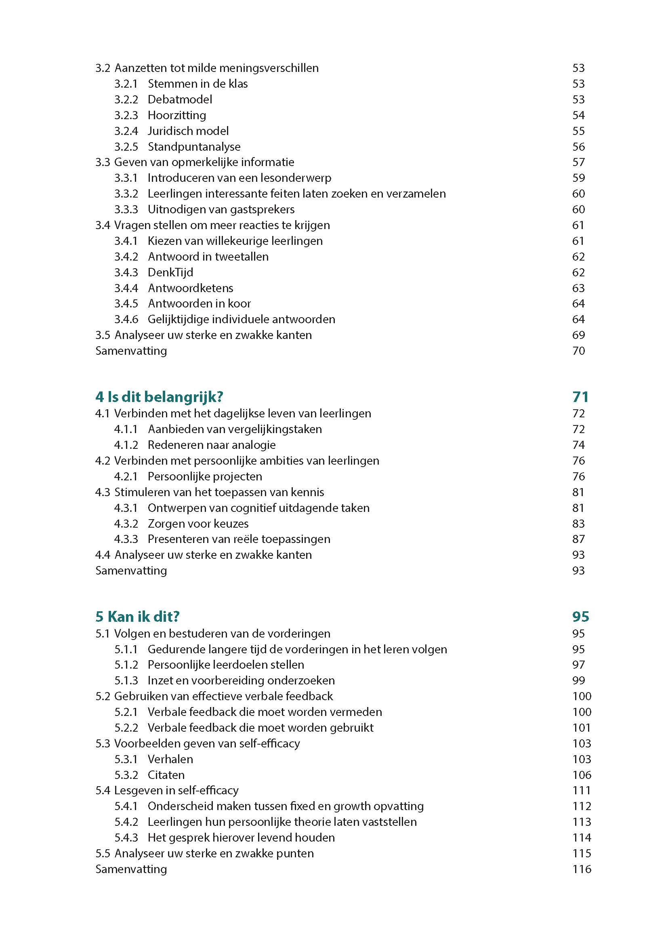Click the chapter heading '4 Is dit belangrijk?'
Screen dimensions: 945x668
pyautogui.click(x=159, y=397)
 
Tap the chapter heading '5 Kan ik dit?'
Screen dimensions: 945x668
pyautogui.click(x=137, y=617)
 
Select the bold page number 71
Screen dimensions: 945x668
pyautogui.click(x=580, y=397)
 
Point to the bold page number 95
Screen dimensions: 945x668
pyautogui.click(x=580, y=617)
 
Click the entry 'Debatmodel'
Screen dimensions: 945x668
pyautogui.click(x=180, y=100)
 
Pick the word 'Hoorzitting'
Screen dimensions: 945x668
pyautogui.click(x=177, y=115)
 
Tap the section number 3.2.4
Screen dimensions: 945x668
pyautogui.click(x=126, y=131)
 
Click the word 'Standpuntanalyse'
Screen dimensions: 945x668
pyautogui.click(x=194, y=147)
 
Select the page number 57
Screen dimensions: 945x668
pyautogui.click(x=578, y=162)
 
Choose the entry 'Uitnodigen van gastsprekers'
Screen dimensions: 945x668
pyautogui.click(x=221, y=210)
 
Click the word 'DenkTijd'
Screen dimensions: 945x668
pyautogui.click(x=170, y=272)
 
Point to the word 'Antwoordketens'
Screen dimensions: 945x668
pyautogui.click(x=191, y=288)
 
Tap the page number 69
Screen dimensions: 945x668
pyautogui.click(x=578, y=335)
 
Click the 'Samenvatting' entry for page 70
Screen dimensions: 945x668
pyautogui.click(x=131, y=351)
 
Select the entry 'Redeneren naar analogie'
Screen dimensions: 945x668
pyautogui.click(x=211, y=445)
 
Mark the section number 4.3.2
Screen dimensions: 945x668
pyautogui.click(x=126, y=524)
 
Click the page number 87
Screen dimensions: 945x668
pyautogui.click(x=578, y=539)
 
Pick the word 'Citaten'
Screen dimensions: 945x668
pyautogui.click(x=166, y=775)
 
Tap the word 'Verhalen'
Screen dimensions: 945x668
pyautogui.click(x=170, y=759)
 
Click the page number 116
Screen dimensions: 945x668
pyautogui.click(x=582, y=869)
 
